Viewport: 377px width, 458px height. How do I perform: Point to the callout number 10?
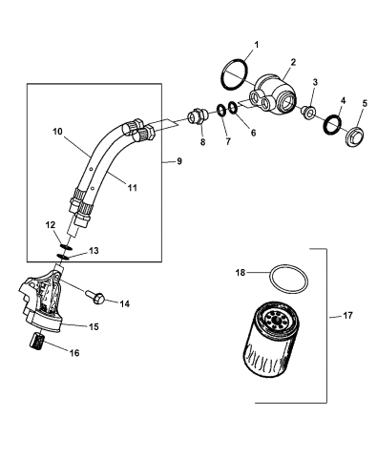tap(56, 131)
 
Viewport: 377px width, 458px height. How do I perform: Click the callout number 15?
tap(94, 326)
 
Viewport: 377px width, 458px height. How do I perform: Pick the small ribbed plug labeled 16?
tap(40, 341)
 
